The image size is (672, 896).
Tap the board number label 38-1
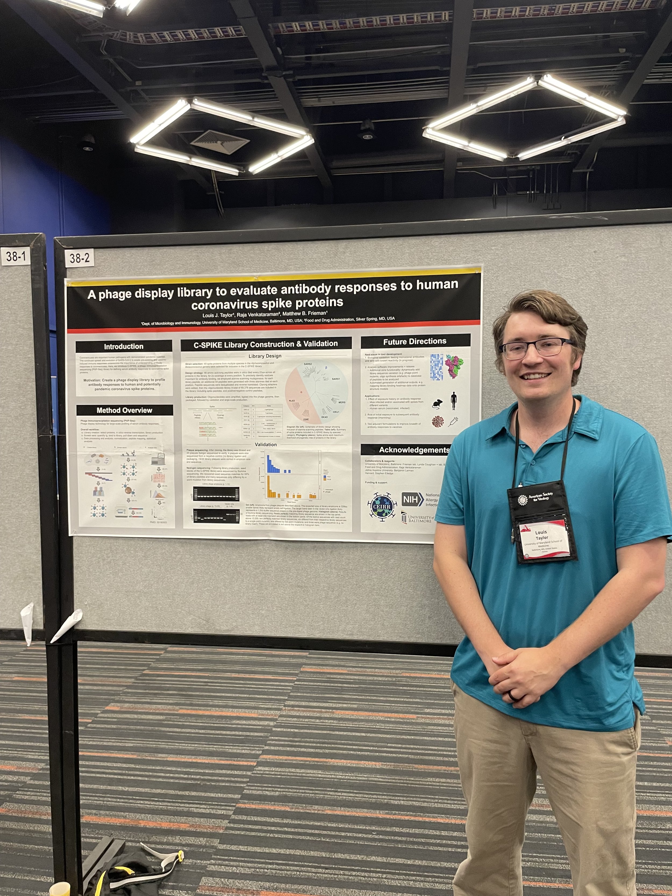click(16, 256)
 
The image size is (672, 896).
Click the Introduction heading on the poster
click(124, 346)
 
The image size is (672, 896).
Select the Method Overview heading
click(124, 410)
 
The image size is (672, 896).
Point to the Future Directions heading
click(415, 341)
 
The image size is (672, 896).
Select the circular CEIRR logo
click(382, 506)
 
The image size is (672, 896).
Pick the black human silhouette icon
click(453, 401)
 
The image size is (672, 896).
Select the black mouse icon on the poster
click(437, 404)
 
